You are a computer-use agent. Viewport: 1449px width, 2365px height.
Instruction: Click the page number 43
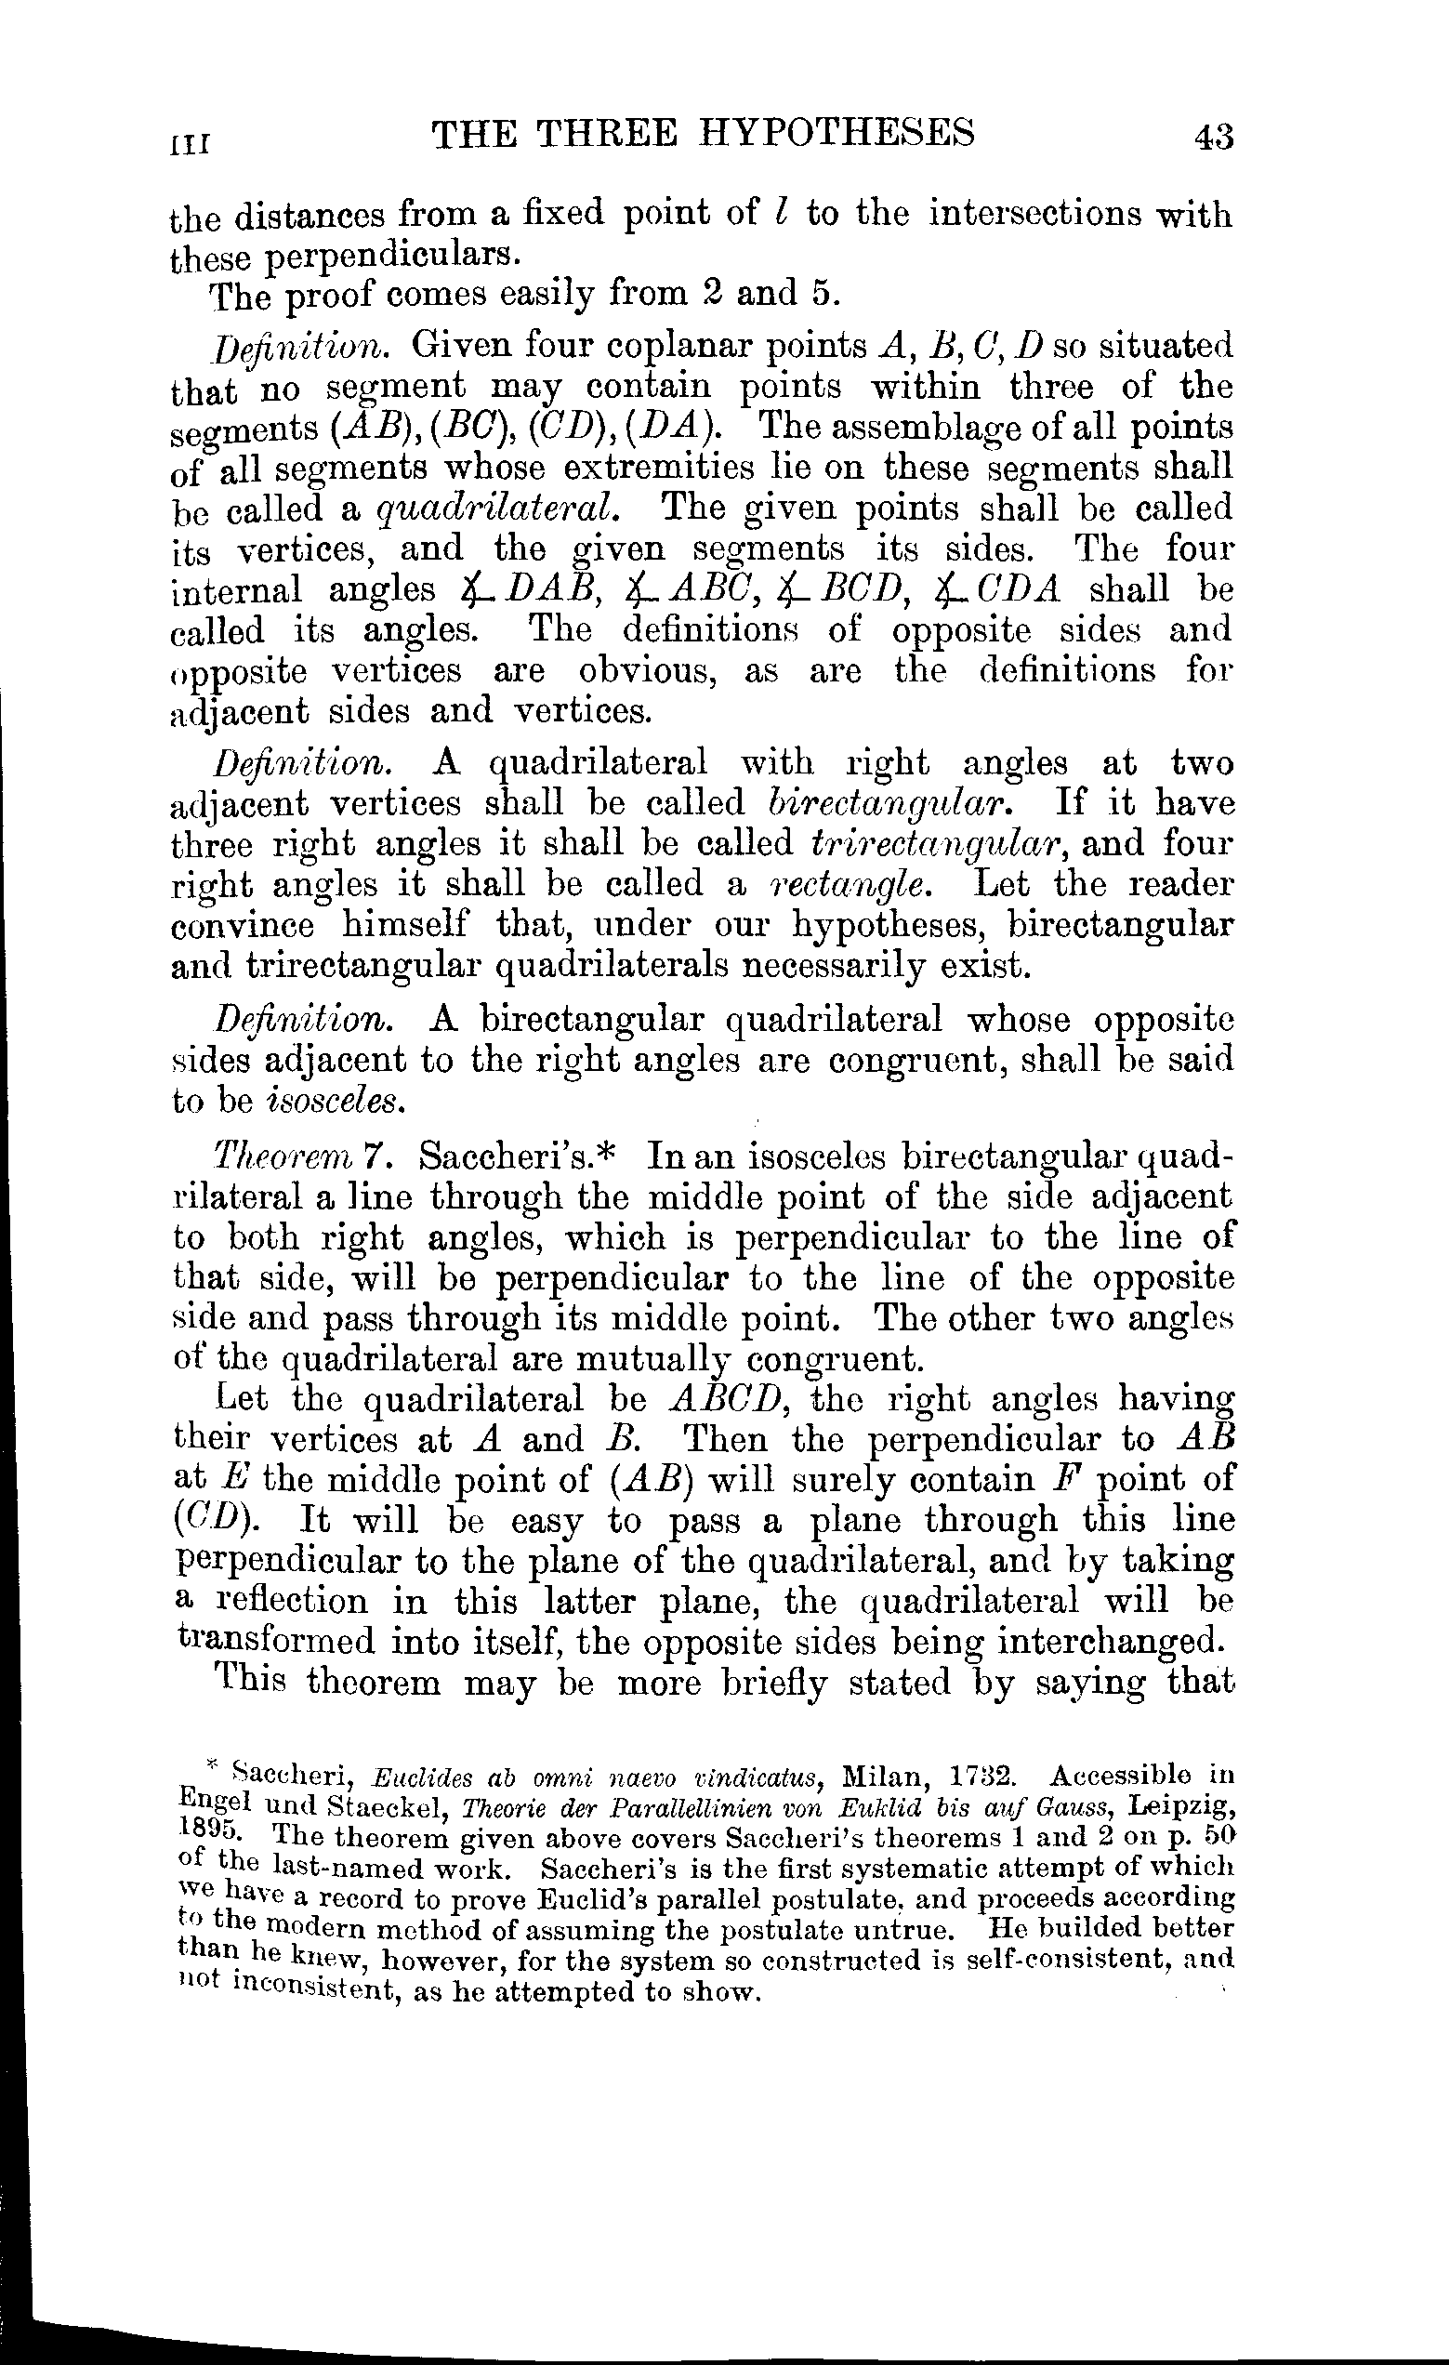tap(1212, 137)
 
